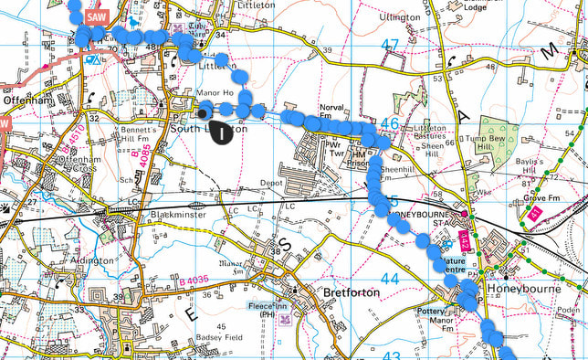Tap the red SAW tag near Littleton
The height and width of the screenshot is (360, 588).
[x=94, y=16]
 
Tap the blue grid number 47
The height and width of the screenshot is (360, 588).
[x=391, y=46]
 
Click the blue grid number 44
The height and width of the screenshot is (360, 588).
[x=390, y=278]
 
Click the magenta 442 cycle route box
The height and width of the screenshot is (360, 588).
[x=464, y=239]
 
